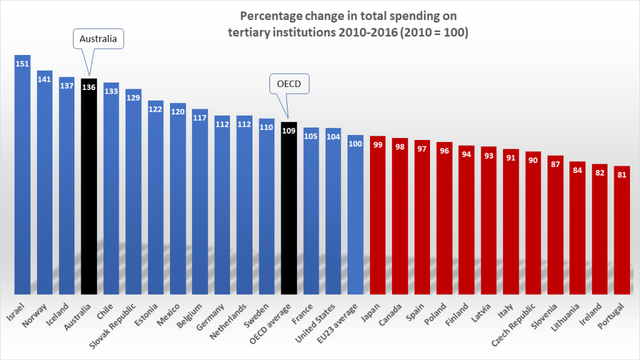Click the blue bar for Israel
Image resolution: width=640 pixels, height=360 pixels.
point(22,175)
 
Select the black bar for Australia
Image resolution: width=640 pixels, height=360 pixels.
point(89,187)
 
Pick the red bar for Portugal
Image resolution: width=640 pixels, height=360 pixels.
point(622,231)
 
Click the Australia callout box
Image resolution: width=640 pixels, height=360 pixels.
point(99,39)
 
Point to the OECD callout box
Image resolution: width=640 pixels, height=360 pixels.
point(289,84)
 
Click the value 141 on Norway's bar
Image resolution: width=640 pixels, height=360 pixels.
point(44,79)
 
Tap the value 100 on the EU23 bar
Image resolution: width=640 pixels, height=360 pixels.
point(356,144)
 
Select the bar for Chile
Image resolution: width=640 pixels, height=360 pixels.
point(111,187)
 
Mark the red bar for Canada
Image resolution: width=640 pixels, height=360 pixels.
point(400,216)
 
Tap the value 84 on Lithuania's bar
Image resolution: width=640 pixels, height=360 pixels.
point(577,171)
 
